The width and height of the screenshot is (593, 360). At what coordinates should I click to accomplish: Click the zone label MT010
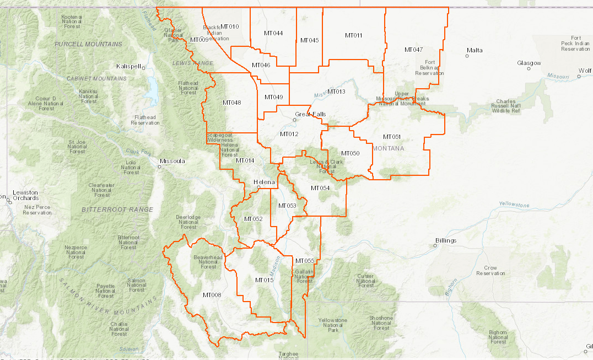point(230,27)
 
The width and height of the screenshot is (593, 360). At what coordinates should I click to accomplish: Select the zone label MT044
point(273,33)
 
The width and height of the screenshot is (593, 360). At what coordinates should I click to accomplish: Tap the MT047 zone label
point(413,50)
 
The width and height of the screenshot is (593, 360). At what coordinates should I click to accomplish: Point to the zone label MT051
point(392,137)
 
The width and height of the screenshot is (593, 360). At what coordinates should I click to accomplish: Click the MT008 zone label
point(212,295)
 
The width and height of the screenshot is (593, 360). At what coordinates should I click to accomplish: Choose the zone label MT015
point(265,280)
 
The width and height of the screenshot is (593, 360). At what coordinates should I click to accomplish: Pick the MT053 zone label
point(287,206)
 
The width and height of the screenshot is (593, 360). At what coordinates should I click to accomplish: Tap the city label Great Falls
point(310,115)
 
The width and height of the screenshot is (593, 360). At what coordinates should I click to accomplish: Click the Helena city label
point(263,182)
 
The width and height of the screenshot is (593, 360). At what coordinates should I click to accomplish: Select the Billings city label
point(446,241)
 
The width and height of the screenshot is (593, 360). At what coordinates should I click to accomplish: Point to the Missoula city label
point(172,161)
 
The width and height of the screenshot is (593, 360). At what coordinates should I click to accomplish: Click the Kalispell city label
point(128,66)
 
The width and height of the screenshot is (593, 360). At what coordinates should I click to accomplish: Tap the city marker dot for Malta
point(467,56)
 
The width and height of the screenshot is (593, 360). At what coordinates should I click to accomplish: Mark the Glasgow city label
point(529,63)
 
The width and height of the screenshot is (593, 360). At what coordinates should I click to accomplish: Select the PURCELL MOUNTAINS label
point(88,44)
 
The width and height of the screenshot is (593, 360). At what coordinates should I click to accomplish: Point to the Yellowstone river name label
point(514,205)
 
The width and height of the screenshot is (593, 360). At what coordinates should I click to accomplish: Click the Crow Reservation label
point(490,270)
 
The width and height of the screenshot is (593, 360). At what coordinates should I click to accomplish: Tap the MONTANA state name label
point(389,148)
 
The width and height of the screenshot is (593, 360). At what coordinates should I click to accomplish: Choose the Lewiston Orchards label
point(25,195)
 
